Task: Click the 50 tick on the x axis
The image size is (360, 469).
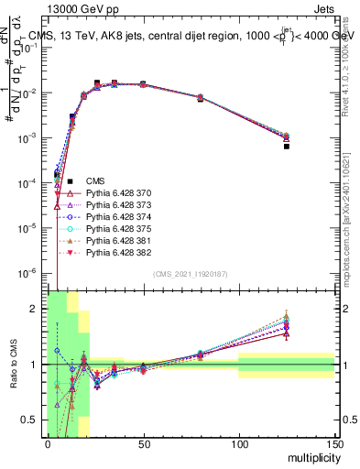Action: point(143,444)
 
